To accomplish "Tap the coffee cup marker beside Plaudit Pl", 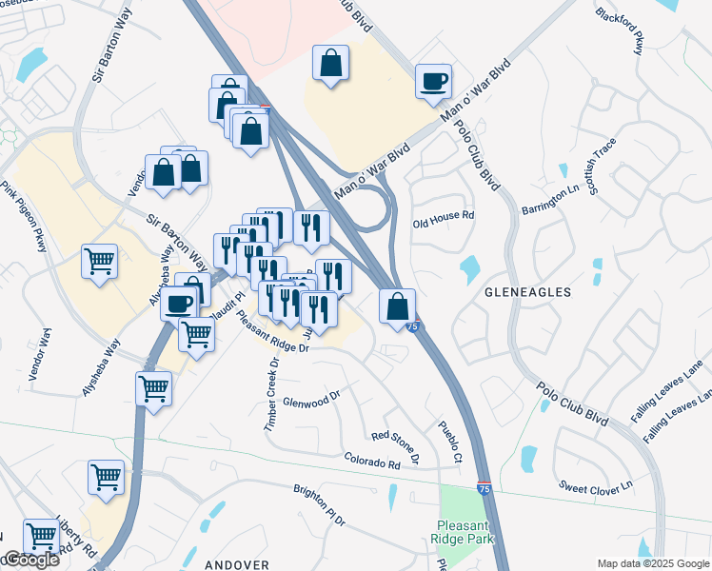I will [179, 304].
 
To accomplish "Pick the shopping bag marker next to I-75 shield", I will [397, 306].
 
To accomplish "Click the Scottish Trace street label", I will [603, 167].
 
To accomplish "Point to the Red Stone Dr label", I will [395, 444].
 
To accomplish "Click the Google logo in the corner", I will [30, 560].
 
